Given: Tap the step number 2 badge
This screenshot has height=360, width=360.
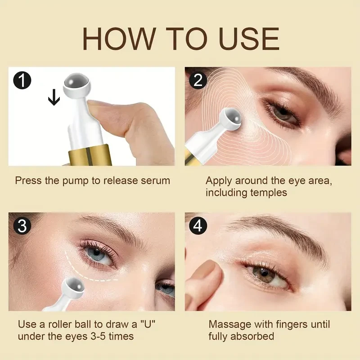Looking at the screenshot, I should [198, 81].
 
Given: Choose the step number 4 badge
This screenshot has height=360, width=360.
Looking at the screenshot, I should [198, 226].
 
